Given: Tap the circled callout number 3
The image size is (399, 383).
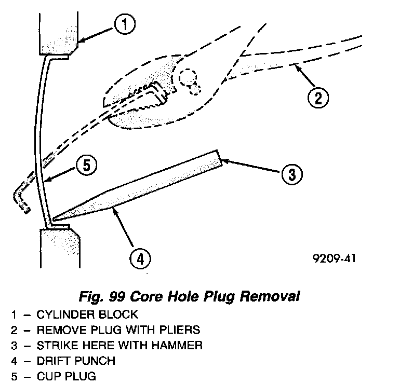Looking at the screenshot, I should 291,174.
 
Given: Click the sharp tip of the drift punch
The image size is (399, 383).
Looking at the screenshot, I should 54,218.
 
